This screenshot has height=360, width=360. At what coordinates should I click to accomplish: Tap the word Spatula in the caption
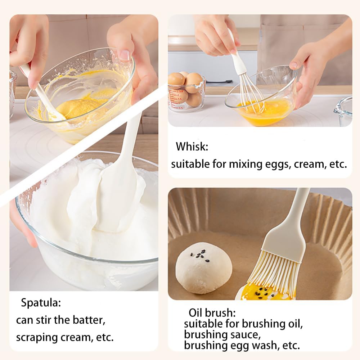coord(41,303)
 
